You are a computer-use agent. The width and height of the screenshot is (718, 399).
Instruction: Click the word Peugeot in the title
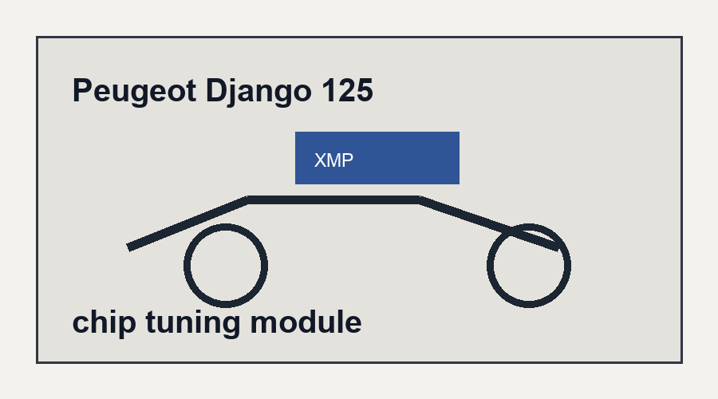coord(135,92)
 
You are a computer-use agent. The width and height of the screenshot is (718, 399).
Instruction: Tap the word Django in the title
coord(258,92)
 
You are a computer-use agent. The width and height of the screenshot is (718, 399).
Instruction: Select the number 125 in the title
coord(347,90)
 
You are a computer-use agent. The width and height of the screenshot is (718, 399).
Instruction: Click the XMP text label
coord(333,160)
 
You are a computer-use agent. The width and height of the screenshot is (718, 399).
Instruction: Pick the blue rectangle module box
coord(377,158)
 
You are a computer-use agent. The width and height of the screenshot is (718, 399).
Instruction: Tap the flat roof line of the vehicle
coord(333,199)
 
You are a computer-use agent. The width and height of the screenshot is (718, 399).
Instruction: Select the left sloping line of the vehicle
coord(187,223)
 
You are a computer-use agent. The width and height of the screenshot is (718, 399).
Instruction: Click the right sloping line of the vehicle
coord(489,224)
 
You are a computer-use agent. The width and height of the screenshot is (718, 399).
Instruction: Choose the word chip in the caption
coord(104,323)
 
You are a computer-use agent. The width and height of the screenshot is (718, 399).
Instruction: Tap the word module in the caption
coord(306,322)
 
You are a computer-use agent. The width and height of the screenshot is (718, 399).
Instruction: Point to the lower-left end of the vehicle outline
coord(129,248)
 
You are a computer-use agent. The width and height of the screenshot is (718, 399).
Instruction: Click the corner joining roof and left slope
coord(247,199)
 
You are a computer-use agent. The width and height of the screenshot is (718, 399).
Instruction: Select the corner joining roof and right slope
coord(420,199)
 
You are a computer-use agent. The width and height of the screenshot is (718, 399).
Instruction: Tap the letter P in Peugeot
coord(82,90)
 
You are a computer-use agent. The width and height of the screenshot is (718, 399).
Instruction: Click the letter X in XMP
coord(320,160)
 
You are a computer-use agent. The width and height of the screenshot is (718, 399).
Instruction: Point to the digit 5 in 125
coord(364,90)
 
